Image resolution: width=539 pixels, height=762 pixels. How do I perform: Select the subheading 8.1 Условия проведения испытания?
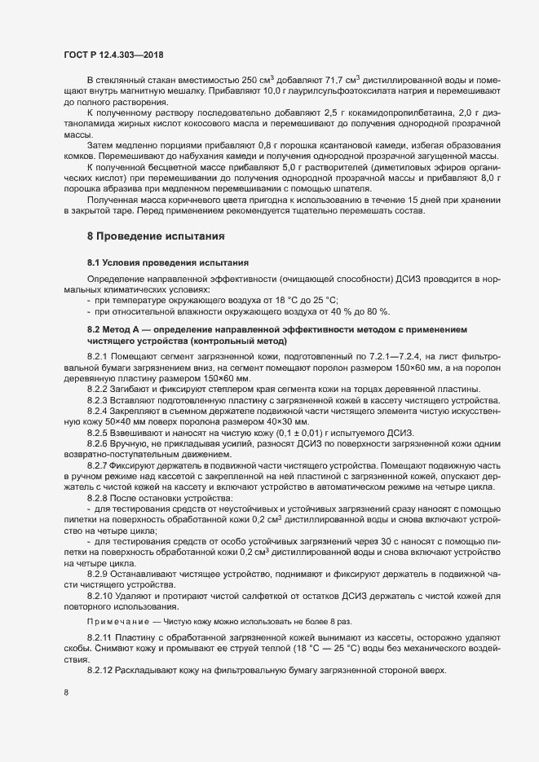(161, 262)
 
